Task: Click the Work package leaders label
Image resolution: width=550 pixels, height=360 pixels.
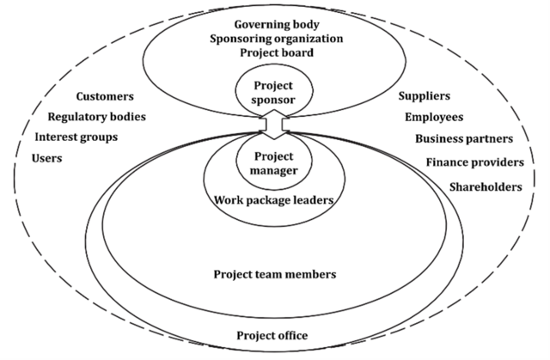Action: (x=274, y=201)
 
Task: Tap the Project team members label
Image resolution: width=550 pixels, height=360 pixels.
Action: (x=274, y=274)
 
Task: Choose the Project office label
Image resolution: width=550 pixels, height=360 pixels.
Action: (x=272, y=335)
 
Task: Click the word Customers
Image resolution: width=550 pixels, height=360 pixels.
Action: (x=106, y=96)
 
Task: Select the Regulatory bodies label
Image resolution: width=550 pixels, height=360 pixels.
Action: (x=97, y=116)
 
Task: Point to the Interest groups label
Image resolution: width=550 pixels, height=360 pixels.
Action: (x=76, y=137)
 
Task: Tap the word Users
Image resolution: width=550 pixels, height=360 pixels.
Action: (x=47, y=158)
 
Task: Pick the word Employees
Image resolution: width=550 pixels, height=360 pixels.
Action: (x=434, y=117)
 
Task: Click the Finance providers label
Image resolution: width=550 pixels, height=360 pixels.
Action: (x=474, y=162)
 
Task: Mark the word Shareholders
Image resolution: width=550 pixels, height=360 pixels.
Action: (x=486, y=187)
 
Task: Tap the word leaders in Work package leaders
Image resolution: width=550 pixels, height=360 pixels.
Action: (x=312, y=201)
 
